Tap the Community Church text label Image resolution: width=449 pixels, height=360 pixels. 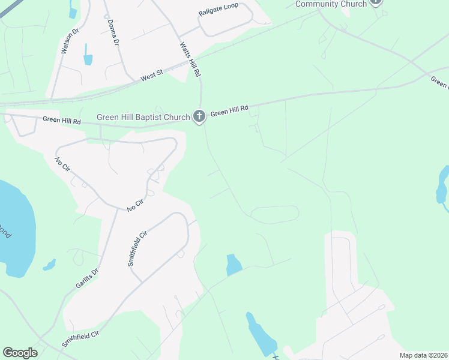(x=331, y=4)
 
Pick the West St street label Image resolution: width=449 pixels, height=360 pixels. (x=152, y=76)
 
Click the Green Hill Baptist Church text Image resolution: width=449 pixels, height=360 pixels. (x=143, y=116)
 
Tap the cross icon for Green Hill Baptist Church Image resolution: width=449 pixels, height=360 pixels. (x=199, y=116)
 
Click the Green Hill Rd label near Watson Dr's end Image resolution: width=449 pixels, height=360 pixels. (x=62, y=120)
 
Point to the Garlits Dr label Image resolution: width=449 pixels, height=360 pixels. (x=86, y=278)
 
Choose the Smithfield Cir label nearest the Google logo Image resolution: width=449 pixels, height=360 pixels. (x=79, y=338)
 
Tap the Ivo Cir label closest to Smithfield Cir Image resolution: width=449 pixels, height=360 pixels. (x=136, y=205)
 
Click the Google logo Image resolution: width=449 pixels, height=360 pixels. (x=20, y=353)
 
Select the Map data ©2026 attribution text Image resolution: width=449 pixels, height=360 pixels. (x=423, y=355)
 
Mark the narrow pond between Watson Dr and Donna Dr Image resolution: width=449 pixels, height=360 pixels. (x=89, y=55)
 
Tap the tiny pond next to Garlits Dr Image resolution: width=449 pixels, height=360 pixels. (x=49, y=264)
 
